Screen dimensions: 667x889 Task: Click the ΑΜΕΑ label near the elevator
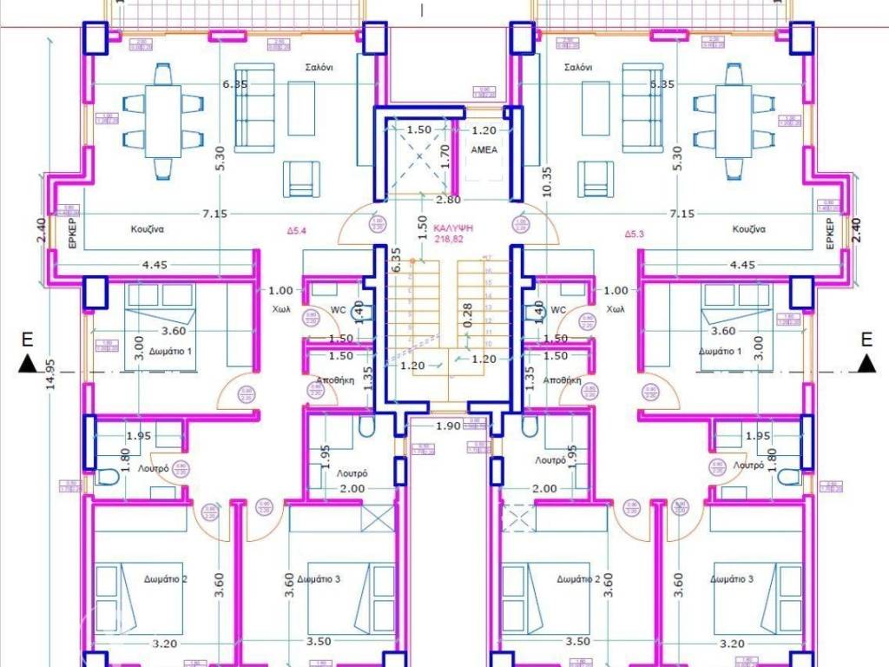(483, 150)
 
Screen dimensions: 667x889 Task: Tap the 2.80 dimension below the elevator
(448, 201)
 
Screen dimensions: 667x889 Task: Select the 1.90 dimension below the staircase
(447, 426)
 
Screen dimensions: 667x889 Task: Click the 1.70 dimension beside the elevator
(445, 155)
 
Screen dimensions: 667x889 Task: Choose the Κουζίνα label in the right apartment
(753, 230)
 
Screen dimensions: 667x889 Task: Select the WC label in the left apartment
(338, 310)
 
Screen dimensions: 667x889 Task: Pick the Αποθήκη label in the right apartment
(563, 380)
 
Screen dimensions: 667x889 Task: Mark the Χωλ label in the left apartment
(281, 309)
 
